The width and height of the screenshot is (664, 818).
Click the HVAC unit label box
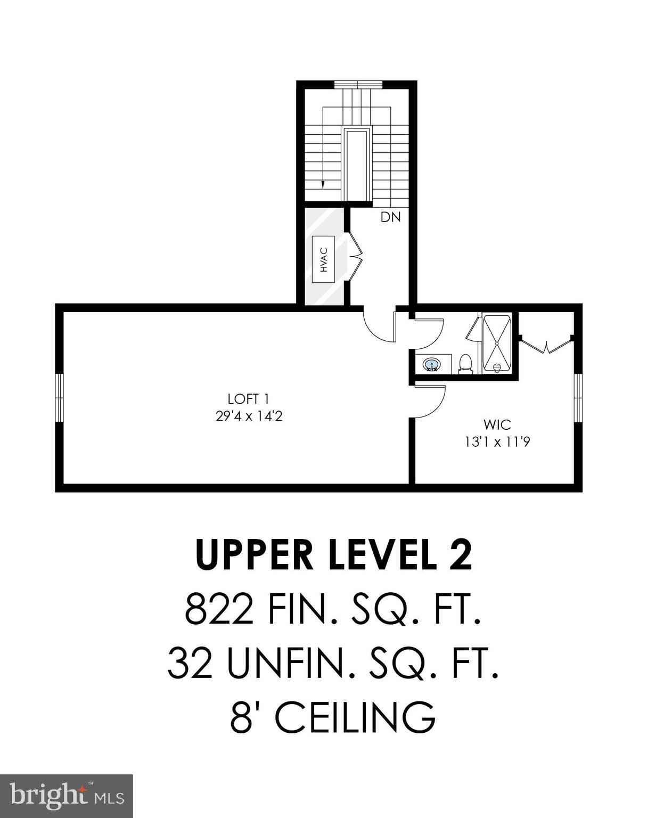coord(323,259)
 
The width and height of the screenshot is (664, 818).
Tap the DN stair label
coord(390,217)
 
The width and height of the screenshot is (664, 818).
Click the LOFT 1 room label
coord(249,399)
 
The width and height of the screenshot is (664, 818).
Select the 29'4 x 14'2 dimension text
coord(249,416)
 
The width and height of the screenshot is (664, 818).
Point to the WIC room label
coord(497,425)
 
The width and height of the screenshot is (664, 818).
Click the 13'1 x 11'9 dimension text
coord(497,442)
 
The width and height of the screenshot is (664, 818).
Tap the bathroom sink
coord(432,365)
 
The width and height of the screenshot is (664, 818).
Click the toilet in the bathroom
coord(466,364)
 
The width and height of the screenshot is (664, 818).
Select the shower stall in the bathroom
coord(497,343)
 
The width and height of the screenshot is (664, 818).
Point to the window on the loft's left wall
coord(60,398)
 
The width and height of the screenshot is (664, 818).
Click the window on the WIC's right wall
coord(578,398)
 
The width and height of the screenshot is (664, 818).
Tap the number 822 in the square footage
coord(219,610)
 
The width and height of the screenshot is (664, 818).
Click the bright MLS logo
coord(66,796)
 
